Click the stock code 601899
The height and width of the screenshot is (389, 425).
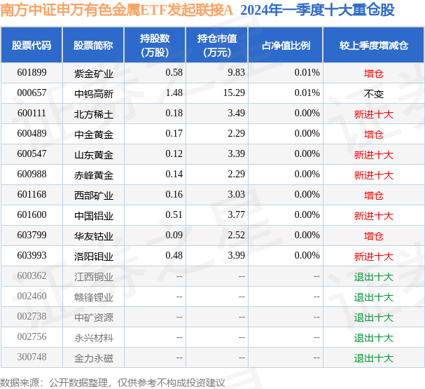tap(32, 72)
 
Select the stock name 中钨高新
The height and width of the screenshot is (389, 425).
tap(94, 94)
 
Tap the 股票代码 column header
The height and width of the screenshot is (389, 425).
tap(32, 46)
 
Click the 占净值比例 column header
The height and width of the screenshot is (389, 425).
tap(286, 46)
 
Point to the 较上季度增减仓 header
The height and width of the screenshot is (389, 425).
tap(373, 46)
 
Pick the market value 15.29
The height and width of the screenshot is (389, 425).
tap(234, 93)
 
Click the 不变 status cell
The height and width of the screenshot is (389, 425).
tap(373, 94)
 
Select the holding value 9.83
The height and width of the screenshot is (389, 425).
tap(236, 72)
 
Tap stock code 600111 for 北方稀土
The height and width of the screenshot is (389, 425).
tap(32, 113)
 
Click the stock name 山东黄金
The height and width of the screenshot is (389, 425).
tap(94, 155)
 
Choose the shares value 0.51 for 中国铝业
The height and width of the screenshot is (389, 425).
tap(174, 215)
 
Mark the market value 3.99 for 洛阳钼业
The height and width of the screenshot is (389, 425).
tap(236, 256)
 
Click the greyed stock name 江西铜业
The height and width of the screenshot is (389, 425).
tap(94, 277)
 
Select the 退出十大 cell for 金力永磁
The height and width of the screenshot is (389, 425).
tap(373, 358)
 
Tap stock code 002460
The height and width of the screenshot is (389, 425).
tap(32, 296)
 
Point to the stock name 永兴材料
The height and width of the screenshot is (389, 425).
tap(94, 338)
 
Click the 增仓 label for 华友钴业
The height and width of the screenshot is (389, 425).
tap(373, 236)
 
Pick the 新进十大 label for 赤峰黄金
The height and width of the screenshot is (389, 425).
tap(373, 175)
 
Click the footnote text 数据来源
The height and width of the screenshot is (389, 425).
tap(20, 383)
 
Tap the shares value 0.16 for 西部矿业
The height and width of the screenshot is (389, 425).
tap(174, 195)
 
